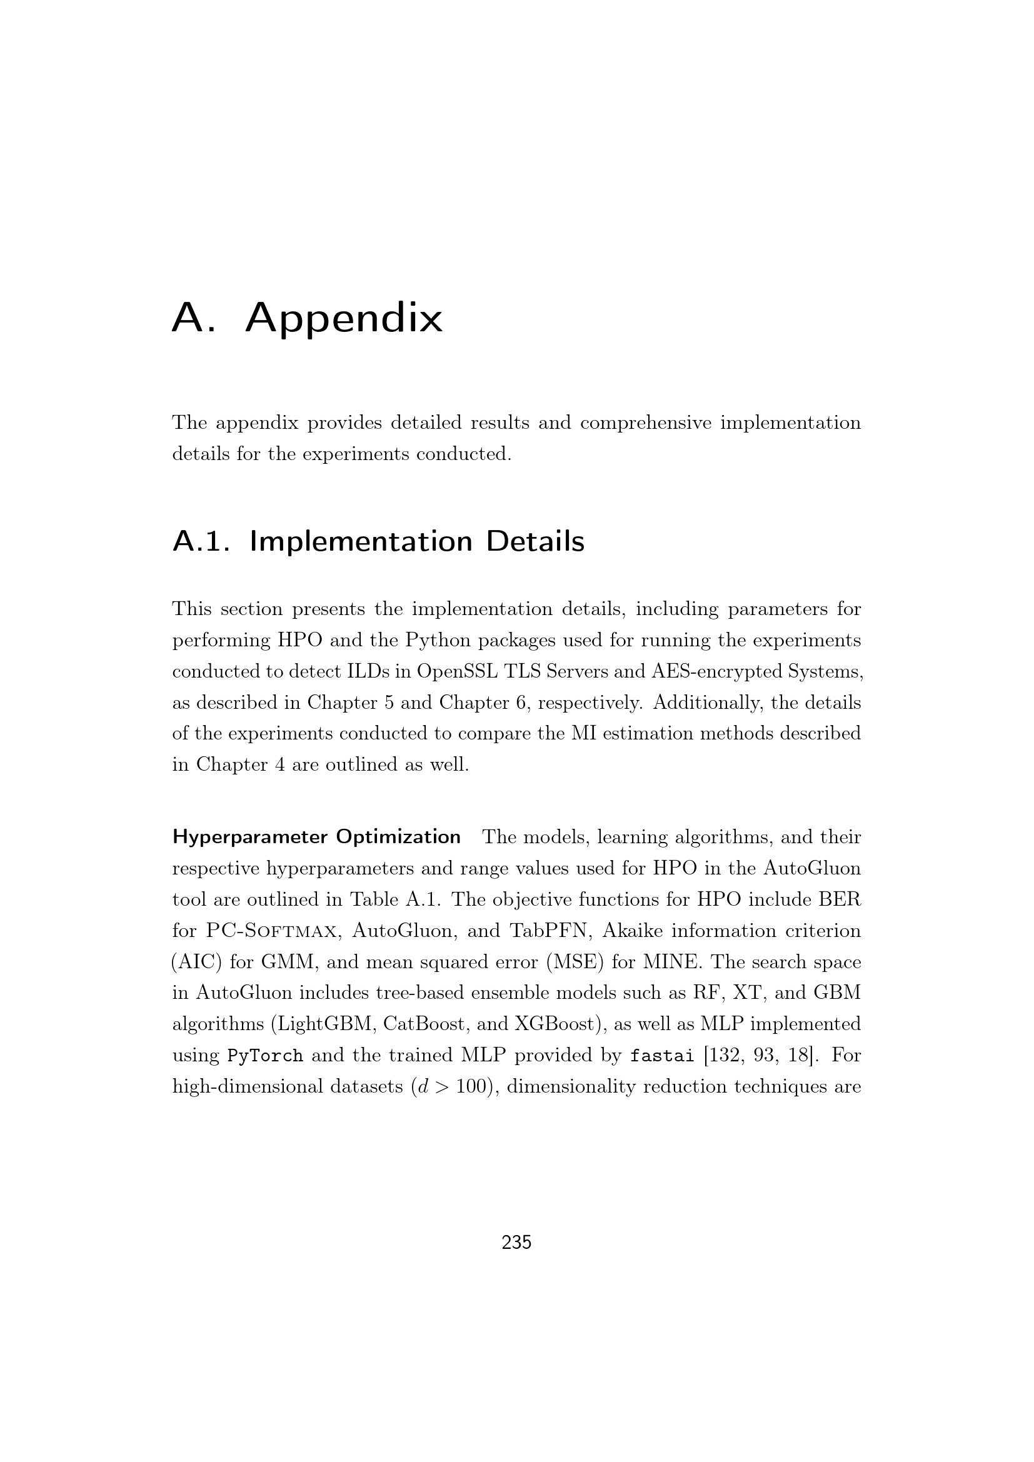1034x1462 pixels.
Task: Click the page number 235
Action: [x=516, y=1243]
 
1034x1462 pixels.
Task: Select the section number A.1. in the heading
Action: [x=201, y=542]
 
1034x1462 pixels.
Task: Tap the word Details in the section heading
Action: [x=535, y=542]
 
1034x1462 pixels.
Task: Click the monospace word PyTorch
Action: [x=265, y=1056]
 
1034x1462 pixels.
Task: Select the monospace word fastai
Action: [x=661, y=1056]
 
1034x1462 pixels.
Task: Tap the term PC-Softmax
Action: [x=271, y=931]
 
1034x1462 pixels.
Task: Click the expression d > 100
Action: [x=452, y=1087]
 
